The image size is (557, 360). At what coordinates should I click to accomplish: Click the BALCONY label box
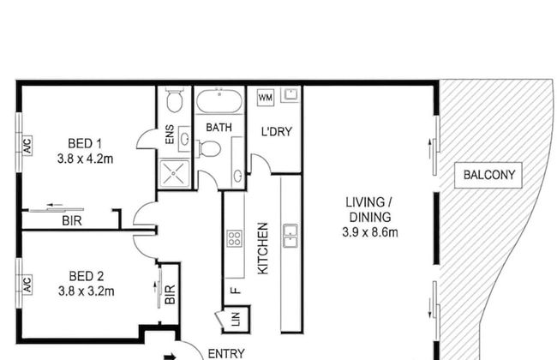[488, 175]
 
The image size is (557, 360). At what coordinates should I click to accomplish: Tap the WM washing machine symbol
[266, 98]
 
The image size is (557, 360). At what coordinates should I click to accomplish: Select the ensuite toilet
[175, 100]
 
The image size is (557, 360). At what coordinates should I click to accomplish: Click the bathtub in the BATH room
[219, 101]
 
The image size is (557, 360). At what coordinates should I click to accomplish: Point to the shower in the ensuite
[174, 173]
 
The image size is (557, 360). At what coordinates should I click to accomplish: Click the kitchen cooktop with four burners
[235, 238]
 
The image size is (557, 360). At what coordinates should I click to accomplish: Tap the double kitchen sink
[290, 236]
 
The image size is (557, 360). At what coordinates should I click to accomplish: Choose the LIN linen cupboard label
[236, 319]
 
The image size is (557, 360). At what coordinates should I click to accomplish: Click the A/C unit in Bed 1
[27, 145]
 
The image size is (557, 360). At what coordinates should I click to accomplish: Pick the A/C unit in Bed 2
[27, 285]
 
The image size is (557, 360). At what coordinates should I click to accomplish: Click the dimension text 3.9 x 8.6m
[370, 232]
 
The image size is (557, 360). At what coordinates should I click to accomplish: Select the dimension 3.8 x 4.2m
[85, 159]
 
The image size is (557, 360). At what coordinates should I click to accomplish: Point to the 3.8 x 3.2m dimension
[87, 291]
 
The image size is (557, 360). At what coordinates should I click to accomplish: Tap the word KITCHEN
[262, 249]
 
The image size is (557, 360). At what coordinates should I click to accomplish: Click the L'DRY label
[277, 132]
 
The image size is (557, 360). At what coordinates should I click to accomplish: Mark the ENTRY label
[226, 354]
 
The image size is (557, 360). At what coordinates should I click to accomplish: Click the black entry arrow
[170, 357]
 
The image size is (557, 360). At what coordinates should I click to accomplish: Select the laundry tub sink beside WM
[291, 95]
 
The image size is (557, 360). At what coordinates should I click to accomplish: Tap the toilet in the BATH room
[209, 148]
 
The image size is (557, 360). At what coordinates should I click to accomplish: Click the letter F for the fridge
[236, 291]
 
